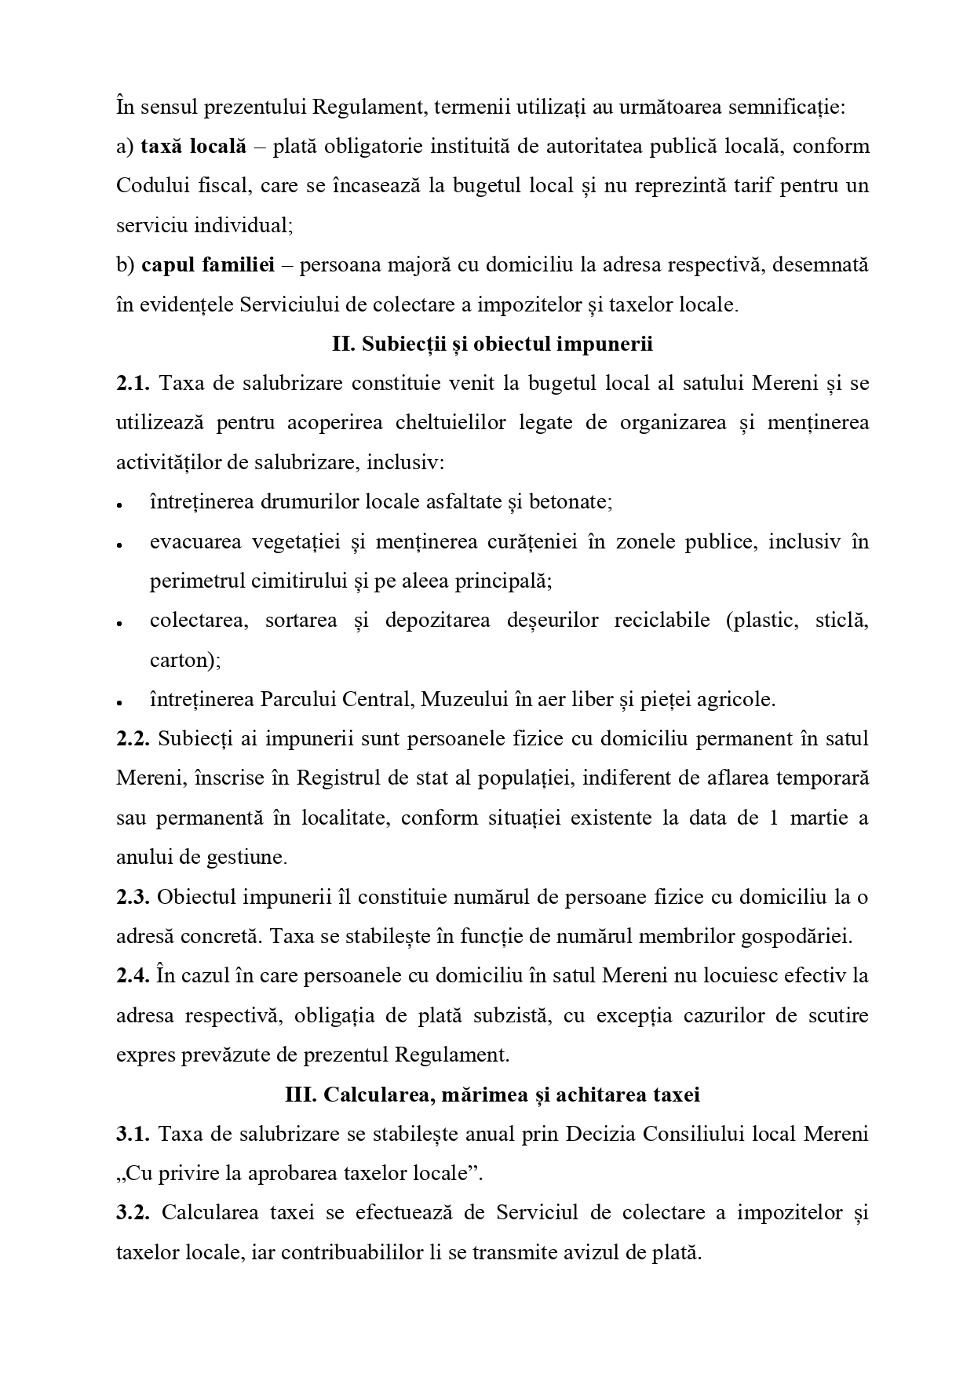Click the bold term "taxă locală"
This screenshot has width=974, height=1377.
[x=193, y=147]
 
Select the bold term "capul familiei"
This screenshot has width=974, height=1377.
[x=208, y=265]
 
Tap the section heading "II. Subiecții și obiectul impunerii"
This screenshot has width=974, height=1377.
[x=492, y=344]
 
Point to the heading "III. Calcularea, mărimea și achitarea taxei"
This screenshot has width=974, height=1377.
[x=492, y=1095]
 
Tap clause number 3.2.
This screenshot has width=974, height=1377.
[x=133, y=1213]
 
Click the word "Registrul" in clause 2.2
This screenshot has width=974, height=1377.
[x=327, y=779]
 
